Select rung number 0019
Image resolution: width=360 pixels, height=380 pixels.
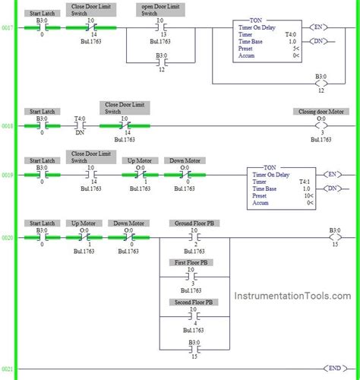click(8, 174)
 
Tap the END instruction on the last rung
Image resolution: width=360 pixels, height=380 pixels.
click(334, 368)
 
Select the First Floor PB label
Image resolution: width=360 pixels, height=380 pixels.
click(193, 262)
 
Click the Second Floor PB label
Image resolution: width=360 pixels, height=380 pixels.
click(193, 302)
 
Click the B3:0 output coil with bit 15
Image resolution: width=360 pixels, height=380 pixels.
click(334, 236)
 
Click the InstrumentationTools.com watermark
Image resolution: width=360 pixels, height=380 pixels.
click(292, 297)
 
